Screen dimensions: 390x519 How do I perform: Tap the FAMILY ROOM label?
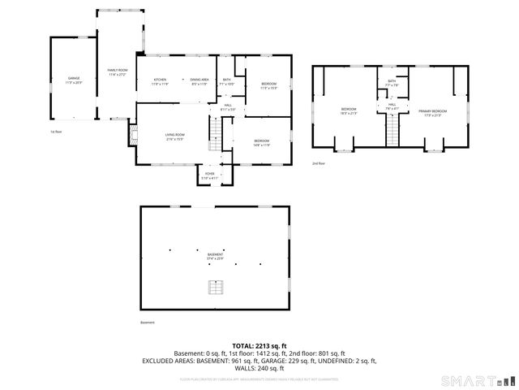point(118,72)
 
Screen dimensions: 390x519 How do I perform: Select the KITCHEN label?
point(160,80)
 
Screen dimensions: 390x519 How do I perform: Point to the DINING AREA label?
point(199,80)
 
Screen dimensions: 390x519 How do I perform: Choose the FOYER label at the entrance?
point(209,175)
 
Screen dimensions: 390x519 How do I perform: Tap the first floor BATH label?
point(227,80)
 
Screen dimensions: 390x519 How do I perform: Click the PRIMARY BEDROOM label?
point(431,111)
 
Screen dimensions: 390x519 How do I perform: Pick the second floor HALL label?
point(392,106)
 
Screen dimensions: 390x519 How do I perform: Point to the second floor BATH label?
point(392,82)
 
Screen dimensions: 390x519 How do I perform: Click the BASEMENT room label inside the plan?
point(215,256)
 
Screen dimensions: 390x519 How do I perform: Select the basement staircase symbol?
point(215,287)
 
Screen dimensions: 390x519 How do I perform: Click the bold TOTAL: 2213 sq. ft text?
point(259,345)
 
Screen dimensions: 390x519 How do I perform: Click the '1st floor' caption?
point(55,131)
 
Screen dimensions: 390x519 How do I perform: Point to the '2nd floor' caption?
point(319,163)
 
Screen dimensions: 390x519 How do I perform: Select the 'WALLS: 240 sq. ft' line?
point(259,367)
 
